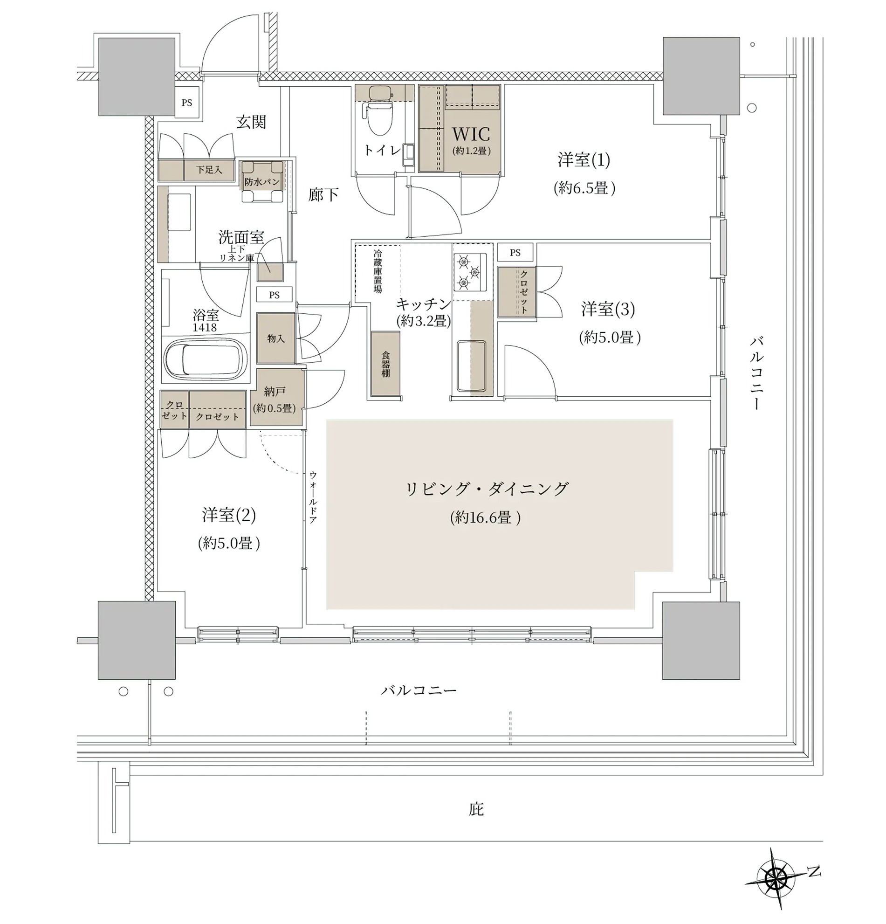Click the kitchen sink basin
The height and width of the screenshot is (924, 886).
(x=472, y=366)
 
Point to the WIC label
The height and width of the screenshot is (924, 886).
(x=471, y=134)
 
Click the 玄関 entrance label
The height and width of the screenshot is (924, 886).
(x=251, y=122)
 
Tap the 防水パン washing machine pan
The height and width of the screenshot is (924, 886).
(x=262, y=181)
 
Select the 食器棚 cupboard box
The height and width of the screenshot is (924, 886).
(x=385, y=364)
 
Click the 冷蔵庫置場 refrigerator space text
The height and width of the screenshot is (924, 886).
(x=378, y=271)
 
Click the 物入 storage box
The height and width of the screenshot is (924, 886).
(x=276, y=338)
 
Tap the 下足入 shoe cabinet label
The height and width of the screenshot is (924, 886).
(x=209, y=169)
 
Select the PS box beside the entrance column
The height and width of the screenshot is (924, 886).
(x=186, y=102)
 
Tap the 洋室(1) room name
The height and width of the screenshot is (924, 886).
(x=584, y=160)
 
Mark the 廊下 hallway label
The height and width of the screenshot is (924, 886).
(x=323, y=194)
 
